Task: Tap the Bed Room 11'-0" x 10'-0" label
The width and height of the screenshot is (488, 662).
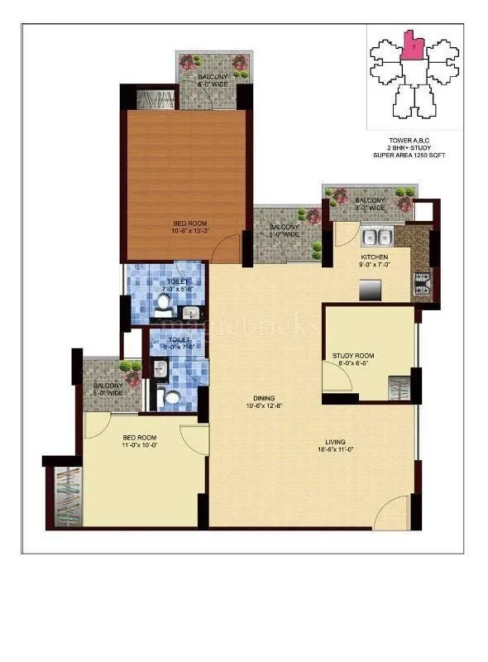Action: (140, 441)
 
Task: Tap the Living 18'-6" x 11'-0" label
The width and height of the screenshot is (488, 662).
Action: (335, 446)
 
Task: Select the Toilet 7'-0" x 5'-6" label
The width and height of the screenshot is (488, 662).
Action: (177, 285)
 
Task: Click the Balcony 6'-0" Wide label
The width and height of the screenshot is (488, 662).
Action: (213, 80)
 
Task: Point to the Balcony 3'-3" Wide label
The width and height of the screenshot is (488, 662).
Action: (370, 204)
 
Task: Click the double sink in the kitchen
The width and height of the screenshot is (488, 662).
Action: (378, 237)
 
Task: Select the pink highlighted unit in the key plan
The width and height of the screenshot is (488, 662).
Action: (411, 47)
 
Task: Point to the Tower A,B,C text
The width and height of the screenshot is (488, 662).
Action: (410, 141)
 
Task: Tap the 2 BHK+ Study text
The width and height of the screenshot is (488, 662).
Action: (410, 148)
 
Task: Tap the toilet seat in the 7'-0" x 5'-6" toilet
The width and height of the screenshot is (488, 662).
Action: (165, 305)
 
